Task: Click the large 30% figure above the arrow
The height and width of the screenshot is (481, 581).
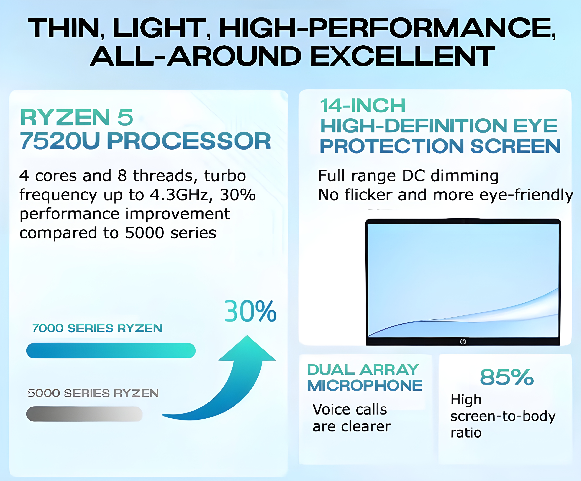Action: (250, 312)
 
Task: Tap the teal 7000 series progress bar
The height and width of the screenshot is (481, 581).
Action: (111, 350)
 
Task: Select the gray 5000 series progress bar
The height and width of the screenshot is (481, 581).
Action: (84, 414)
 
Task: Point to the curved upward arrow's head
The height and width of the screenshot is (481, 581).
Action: (247, 348)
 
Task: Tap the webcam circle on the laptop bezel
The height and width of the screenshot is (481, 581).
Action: (463, 342)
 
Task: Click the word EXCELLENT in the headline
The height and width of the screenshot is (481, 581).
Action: (402, 56)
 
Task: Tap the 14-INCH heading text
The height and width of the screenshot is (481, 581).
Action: (363, 106)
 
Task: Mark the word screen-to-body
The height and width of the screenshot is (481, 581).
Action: (503, 416)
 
